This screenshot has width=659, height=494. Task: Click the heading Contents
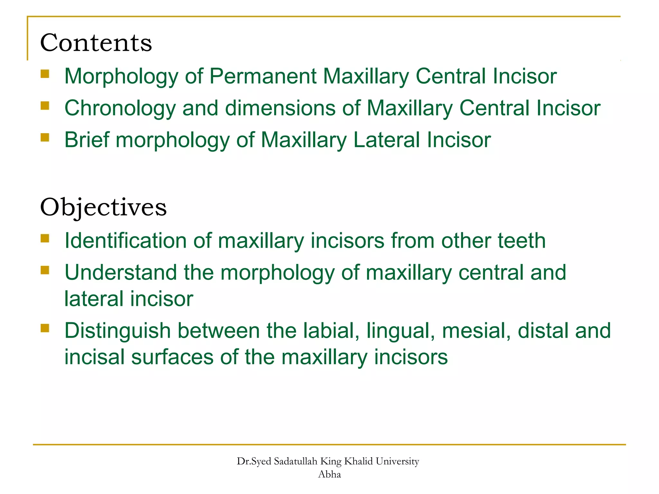[96, 43]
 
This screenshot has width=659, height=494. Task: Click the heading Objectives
[103, 207]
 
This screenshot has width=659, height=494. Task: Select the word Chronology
[120, 108]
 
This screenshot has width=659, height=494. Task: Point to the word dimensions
[280, 108]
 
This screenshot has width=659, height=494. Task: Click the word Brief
[87, 140]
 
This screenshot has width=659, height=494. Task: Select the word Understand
[121, 272]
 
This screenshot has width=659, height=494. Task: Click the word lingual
[401, 331]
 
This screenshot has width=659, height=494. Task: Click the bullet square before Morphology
[45, 74]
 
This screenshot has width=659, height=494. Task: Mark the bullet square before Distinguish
[45, 328]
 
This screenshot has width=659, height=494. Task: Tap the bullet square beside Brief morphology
[45, 138]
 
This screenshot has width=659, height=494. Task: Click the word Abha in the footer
[329, 474]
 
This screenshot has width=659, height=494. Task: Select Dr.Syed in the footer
[254, 462]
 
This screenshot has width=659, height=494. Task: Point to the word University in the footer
[397, 462]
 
